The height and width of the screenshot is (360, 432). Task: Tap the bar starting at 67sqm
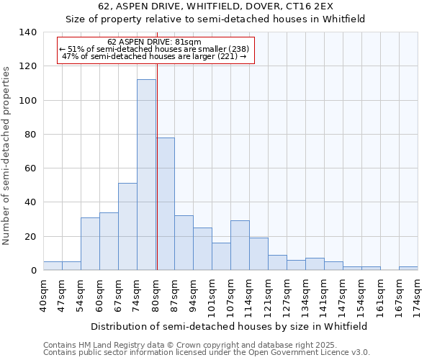(x=127, y=227)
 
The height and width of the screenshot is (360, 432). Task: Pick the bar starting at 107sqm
(x=240, y=246)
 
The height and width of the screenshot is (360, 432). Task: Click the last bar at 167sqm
(x=408, y=269)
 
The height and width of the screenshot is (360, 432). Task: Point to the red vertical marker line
(x=156, y=166)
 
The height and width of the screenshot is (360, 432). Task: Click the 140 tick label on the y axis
(x=28, y=32)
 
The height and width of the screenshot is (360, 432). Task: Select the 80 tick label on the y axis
(x=31, y=135)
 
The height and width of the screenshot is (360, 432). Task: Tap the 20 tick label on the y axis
(x=31, y=237)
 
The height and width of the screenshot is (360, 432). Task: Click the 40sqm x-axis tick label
(x=43, y=294)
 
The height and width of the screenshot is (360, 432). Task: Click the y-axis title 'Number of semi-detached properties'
(x=7, y=155)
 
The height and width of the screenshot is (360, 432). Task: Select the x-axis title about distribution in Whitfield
(x=230, y=326)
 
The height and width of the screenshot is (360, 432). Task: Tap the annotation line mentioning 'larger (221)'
(x=155, y=56)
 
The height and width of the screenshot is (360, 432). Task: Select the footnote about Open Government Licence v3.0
(x=207, y=353)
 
